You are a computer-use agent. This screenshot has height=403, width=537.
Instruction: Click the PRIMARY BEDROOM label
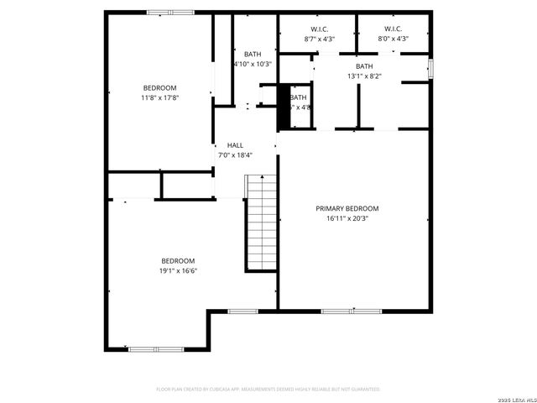347,208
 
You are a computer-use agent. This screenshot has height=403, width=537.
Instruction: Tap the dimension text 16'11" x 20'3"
347,218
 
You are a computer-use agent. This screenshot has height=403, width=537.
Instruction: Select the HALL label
235,145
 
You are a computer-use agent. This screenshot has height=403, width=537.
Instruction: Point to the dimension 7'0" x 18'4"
235,155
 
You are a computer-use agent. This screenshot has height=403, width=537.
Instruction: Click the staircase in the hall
261,223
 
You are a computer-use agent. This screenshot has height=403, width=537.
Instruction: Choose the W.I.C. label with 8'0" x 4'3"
394,29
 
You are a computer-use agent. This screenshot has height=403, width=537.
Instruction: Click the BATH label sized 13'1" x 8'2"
364,66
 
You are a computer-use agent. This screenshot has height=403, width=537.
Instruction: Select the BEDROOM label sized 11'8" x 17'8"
159,88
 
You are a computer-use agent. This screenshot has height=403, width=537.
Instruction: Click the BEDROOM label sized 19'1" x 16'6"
178,260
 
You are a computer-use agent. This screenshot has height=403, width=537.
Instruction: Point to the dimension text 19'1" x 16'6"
178,270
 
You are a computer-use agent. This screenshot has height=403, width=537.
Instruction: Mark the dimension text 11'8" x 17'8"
159,98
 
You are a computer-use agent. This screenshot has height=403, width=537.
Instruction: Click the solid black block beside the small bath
284,107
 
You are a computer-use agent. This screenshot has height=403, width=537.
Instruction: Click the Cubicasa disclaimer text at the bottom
268,390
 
